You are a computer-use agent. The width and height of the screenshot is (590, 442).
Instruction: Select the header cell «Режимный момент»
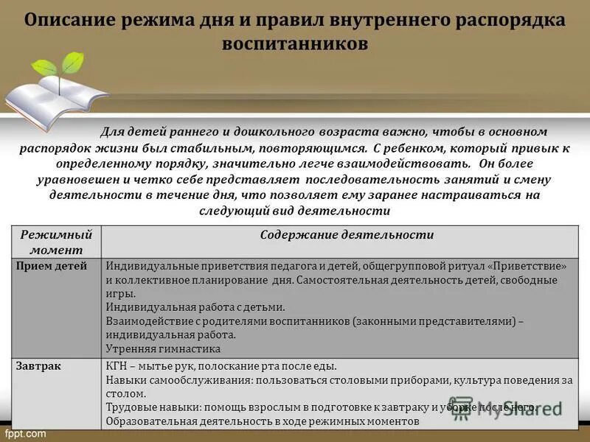point(56,241)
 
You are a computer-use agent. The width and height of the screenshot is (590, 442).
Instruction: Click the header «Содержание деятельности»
point(347,234)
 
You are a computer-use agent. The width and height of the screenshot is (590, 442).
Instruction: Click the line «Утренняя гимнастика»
point(163,348)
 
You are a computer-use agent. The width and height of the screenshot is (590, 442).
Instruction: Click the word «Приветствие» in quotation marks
point(527,265)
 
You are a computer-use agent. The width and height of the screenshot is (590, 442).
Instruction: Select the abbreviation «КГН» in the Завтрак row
point(117,365)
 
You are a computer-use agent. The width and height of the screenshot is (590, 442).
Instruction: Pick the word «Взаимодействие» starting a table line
point(145,321)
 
